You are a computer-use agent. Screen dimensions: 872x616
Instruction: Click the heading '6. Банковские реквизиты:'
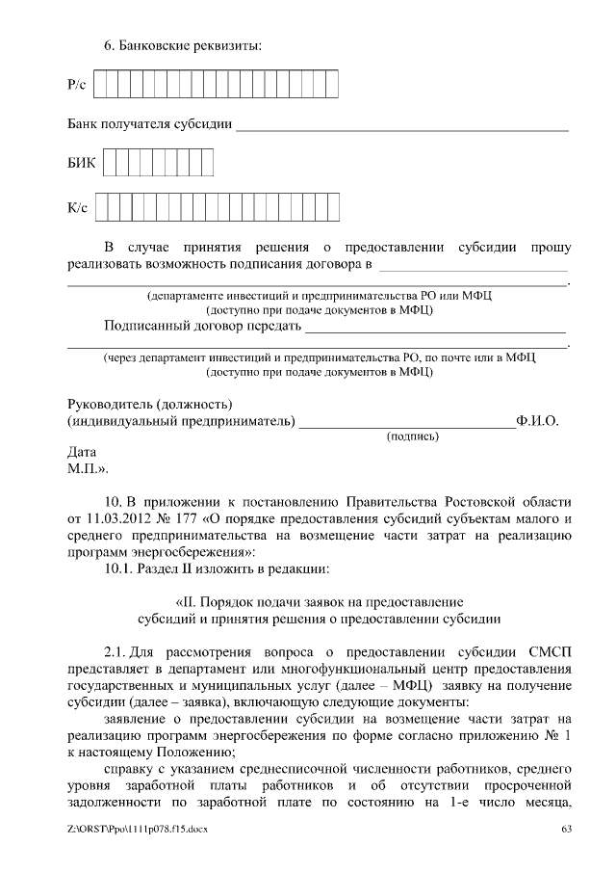[x=183, y=44]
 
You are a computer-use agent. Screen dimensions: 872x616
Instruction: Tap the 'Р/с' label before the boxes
[x=77, y=87]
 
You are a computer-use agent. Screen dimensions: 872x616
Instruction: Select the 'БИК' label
[x=81, y=163]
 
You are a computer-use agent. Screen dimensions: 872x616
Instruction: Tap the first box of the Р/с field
[x=100, y=86]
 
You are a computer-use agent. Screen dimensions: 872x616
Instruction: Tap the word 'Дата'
[x=82, y=451]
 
